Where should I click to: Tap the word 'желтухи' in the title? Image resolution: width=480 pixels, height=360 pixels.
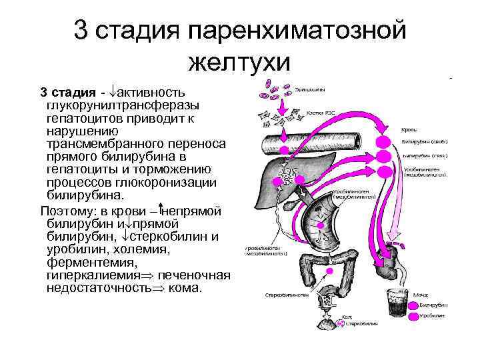pos(240,63)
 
